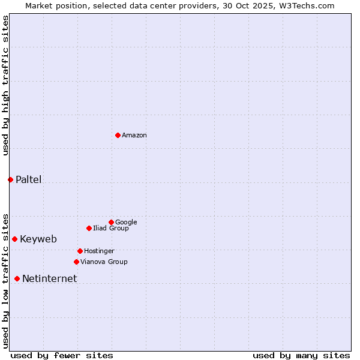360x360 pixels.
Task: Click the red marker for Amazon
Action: (x=118, y=135)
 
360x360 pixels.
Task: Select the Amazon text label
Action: (x=134, y=136)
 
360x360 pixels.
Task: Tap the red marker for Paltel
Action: (x=10, y=179)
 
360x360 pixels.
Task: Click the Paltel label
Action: (x=29, y=179)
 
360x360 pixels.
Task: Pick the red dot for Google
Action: (x=111, y=222)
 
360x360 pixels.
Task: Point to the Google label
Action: (x=126, y=223)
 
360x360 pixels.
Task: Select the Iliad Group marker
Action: (x=89, y=228)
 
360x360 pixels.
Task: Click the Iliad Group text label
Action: (x=111, y=229)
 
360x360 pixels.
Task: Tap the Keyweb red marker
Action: (x=14, y=239)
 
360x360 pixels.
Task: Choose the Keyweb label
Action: (x=38, y=239)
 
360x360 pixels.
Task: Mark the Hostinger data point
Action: (x=80, y=251)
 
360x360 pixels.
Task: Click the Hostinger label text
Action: (x=99, y=251)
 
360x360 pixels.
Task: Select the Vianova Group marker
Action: (x=76, y=262)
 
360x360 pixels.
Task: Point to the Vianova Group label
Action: (x=104, y=262)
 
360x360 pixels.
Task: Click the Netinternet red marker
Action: (x=17, y=278)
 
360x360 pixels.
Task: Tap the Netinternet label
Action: (x=49, y=278)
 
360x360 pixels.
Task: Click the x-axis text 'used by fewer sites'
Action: (x=62, y=355)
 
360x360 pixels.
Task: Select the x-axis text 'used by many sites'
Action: (x=301, y=355)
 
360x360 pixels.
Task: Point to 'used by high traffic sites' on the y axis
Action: (x=5, y=85)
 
